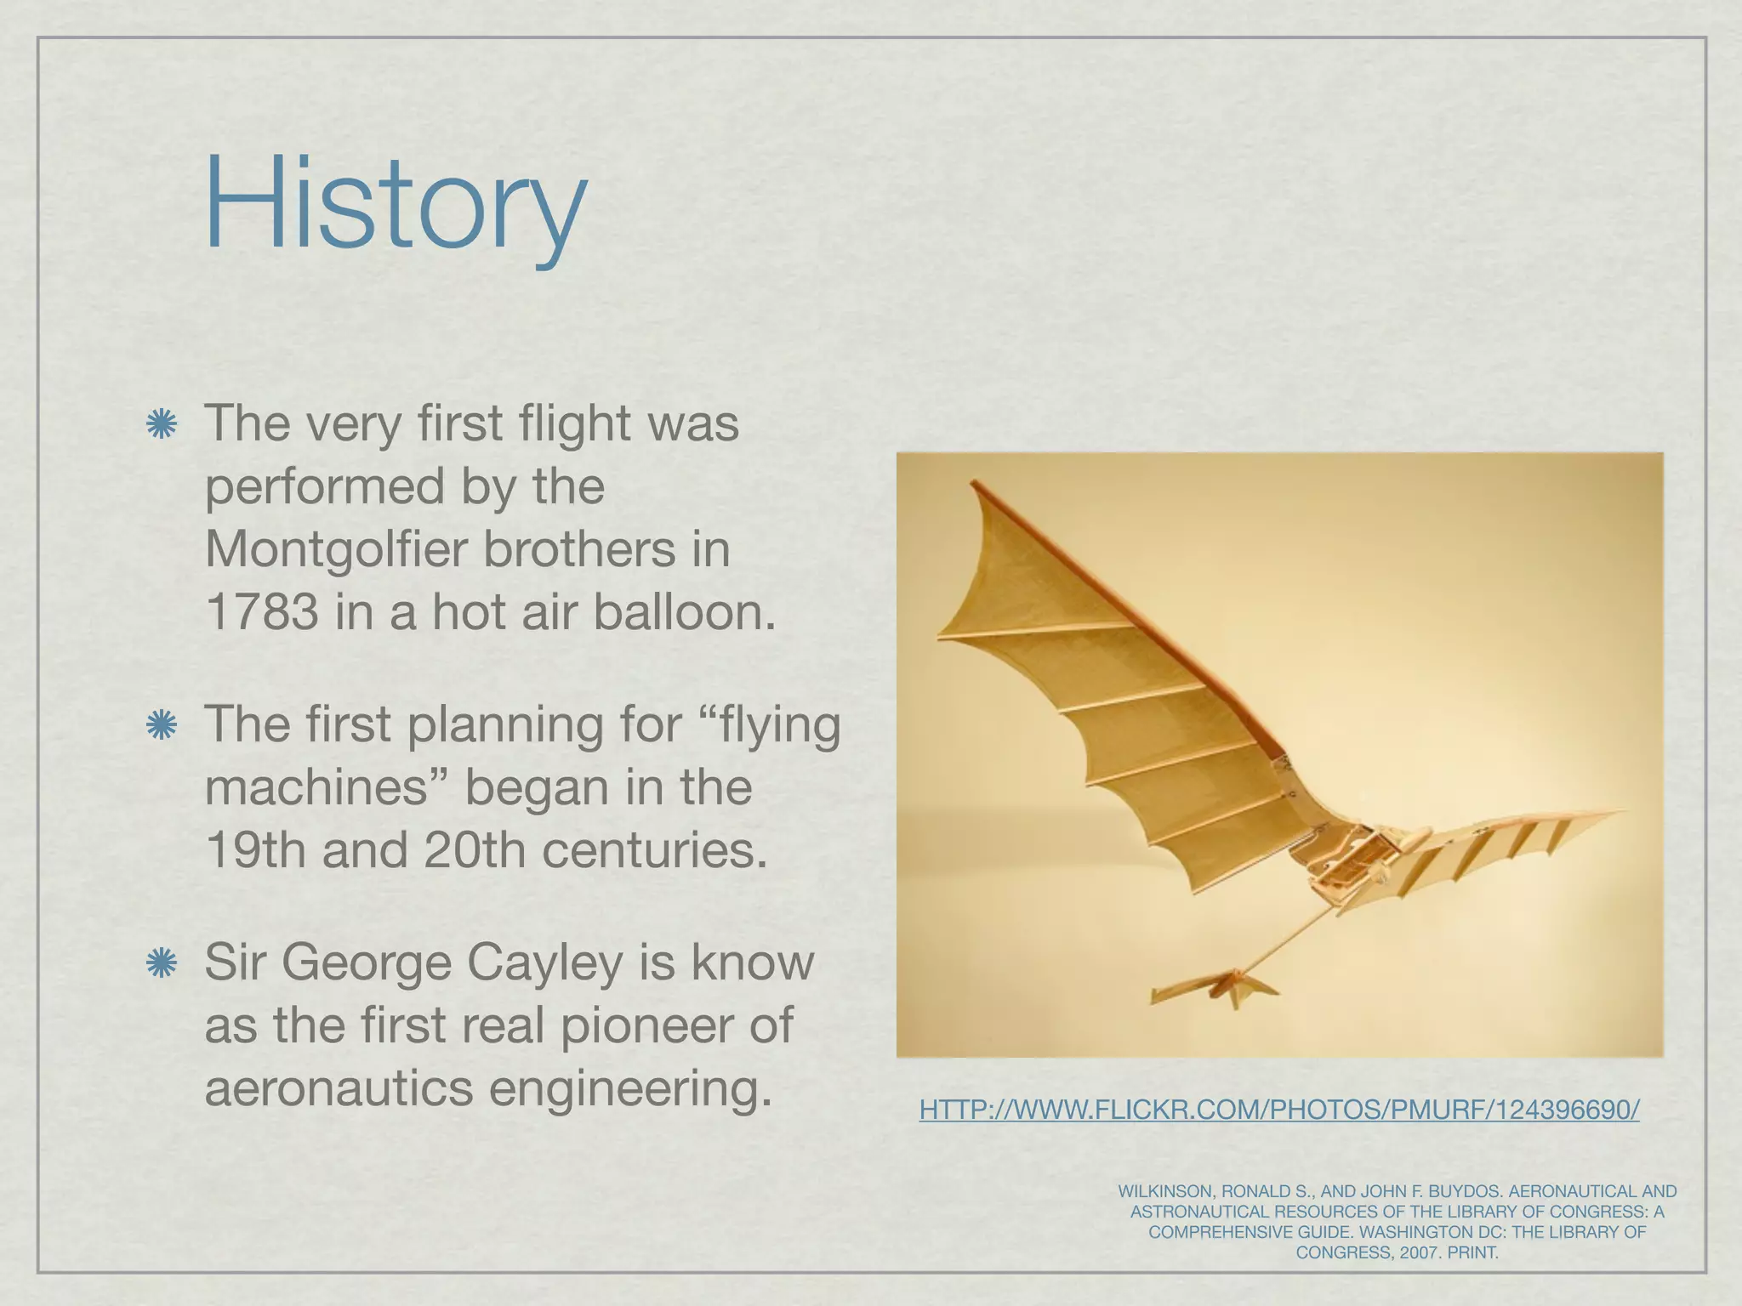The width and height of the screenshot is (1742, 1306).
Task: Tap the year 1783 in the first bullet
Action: pos(261,611)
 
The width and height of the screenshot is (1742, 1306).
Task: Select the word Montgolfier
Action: pos(337,548)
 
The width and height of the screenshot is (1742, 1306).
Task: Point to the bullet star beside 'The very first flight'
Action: pos(161,424)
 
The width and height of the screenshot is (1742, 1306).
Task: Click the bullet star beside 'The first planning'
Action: pos(161,725)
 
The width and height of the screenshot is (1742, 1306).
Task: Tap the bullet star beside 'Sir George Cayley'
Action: pos(161,963)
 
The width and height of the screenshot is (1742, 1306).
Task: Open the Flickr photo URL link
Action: pos(1278,1110)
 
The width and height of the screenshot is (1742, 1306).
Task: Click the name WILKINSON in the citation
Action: pos(1163,1192)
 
